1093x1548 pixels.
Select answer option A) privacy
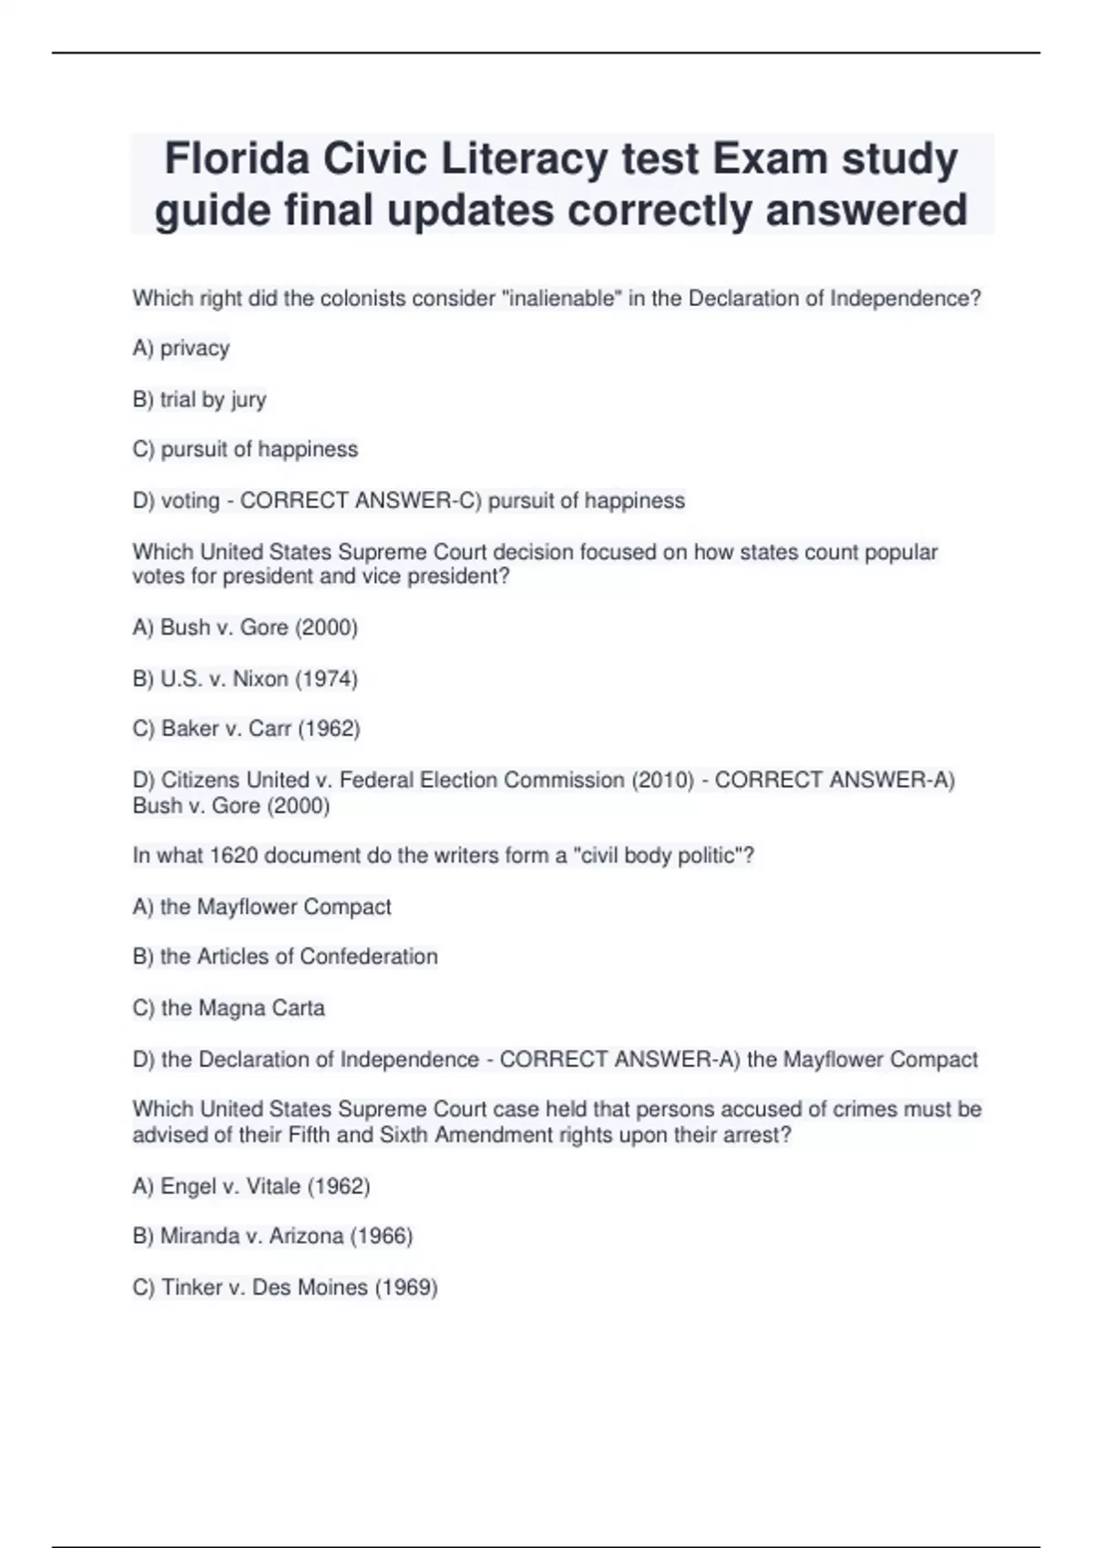coord(181,348)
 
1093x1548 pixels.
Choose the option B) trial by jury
coord(199,399)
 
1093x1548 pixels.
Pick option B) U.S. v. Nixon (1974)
coord(245,678)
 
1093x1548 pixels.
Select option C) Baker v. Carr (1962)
coord(246,728)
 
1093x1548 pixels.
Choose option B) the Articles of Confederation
coord(285,956)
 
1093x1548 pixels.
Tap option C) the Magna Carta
coord(229,1007)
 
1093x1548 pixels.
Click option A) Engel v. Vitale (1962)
coord(251,1186)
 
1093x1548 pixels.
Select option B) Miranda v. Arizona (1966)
coord(272,1236)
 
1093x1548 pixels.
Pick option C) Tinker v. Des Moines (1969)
coord(285,1287)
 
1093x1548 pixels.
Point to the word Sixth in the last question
coord(404,1135)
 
